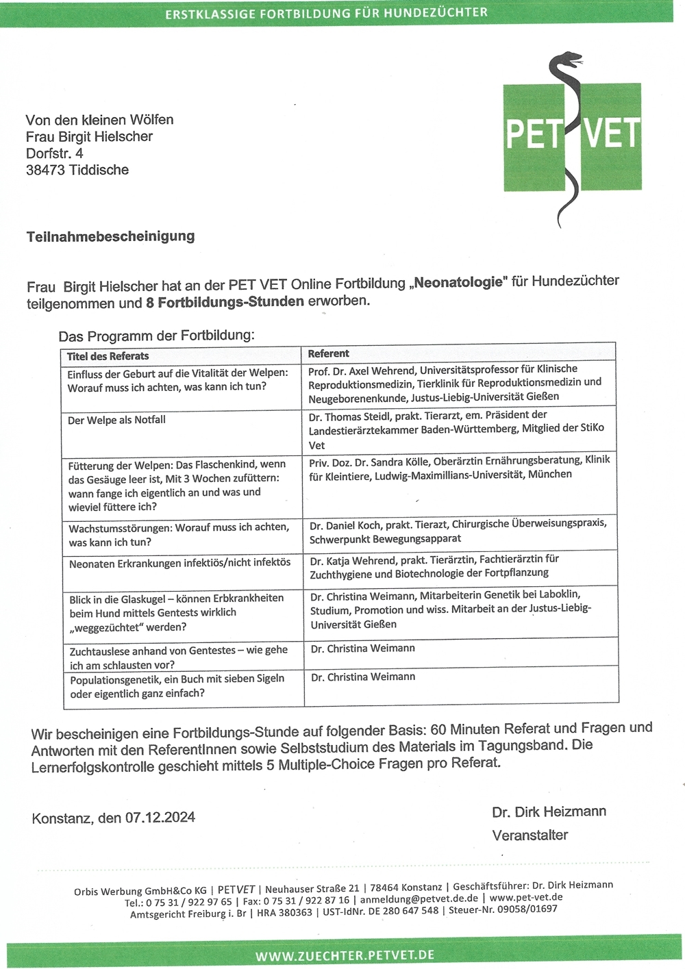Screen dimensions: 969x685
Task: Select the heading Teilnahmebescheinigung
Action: point(110,236)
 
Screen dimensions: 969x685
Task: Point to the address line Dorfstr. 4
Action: point(54,153)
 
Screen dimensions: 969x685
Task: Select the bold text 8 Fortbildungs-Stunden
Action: point(225,302)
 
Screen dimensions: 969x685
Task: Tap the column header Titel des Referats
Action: point(108,356)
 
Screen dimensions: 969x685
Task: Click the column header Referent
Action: point(328,353)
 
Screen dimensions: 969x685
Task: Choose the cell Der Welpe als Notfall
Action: point(116,420)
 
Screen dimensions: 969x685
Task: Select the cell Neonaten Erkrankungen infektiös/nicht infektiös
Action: point(179,563)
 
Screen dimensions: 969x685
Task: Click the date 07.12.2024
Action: point(160,818)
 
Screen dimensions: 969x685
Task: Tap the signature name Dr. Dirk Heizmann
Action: point(549,811)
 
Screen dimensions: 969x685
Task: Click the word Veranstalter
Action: point(530,835)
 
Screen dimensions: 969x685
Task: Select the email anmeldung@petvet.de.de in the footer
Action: point(419,898)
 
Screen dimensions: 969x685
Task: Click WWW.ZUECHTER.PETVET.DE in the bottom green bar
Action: point(345,955)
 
